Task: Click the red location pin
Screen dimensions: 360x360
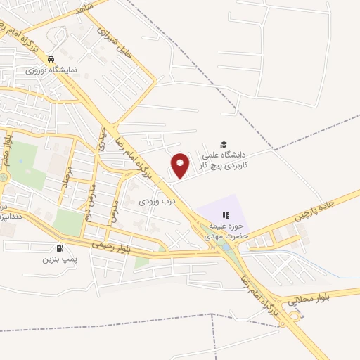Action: (181, 165)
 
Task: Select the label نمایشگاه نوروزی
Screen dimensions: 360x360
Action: (46, 70)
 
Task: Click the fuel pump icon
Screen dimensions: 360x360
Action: (60, 247)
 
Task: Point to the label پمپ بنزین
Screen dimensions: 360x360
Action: (58, 259)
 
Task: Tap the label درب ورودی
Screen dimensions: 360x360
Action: (154, 200)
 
